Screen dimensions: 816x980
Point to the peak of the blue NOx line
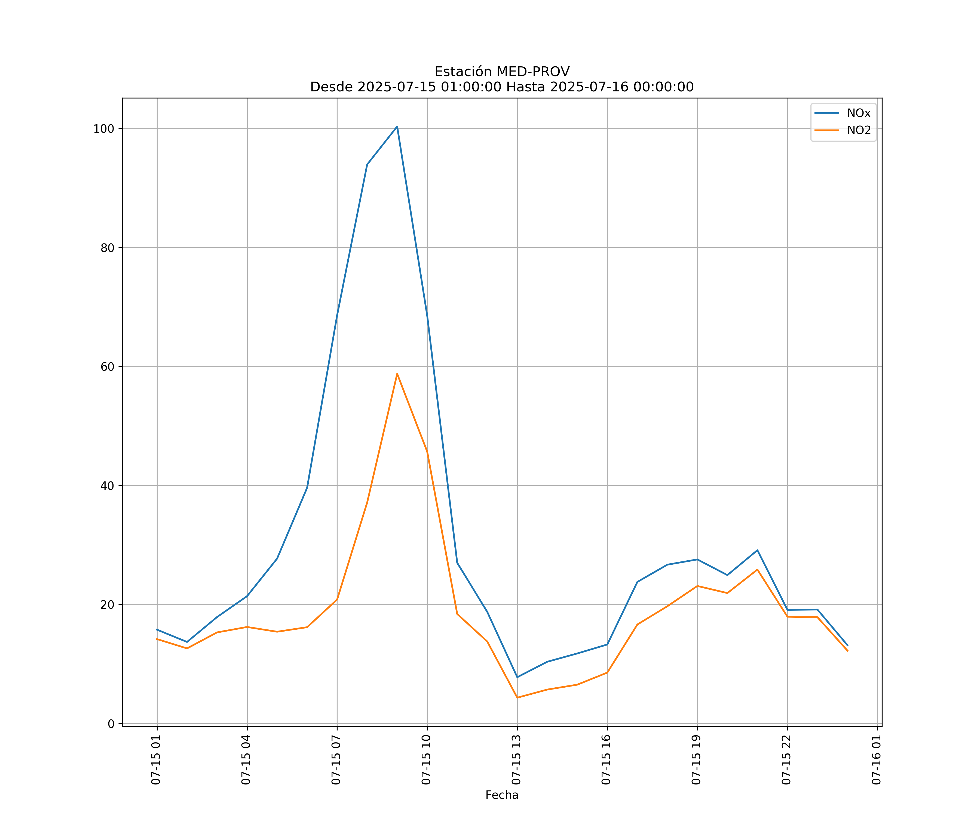[x=397, y=126]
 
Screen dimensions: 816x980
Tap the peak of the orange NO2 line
[x=397, y=373]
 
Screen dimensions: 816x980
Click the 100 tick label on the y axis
[x=104, y=129]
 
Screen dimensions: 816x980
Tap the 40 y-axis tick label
[x=107, y=486]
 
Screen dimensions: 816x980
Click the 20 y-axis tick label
[x=107, y=605]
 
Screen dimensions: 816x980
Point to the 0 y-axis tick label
[x=111, y=724]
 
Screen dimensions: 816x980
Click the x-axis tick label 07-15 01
[x=156, y=760]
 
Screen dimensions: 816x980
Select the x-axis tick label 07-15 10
[x=426, y=760]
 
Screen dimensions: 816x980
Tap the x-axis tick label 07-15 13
[x=516, y=760]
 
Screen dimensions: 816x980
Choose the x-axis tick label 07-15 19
[x=696, y=760]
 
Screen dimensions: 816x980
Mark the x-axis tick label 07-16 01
[x=876, y=760]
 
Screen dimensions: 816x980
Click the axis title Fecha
[x=502, y=795]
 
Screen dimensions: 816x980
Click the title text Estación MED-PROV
[x=502, y=72]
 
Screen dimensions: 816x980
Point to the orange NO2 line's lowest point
[x=517, y=698]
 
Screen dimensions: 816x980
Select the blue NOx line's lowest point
[x=517, y=677]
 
